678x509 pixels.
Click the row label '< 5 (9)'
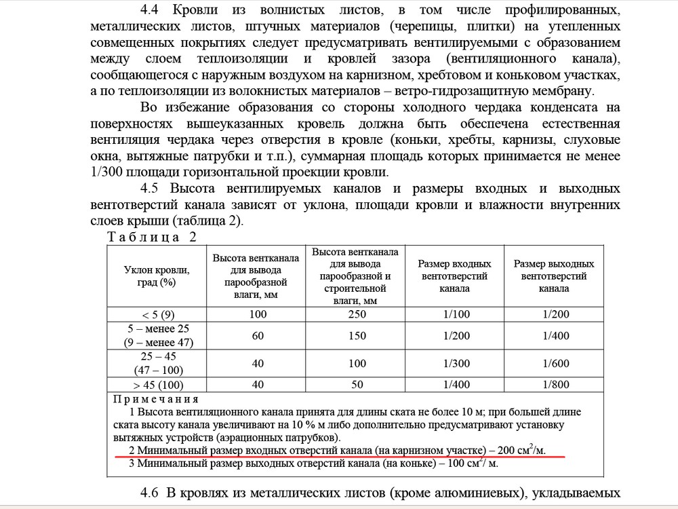[157, 314]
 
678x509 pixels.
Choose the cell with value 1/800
[554, 385]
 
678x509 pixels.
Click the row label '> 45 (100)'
[157, 385]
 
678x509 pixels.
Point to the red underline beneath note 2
[339, 457]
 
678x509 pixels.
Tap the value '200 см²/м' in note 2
[521, 450]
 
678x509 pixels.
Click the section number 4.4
[153, 11]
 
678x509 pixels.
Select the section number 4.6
[153, 492]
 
